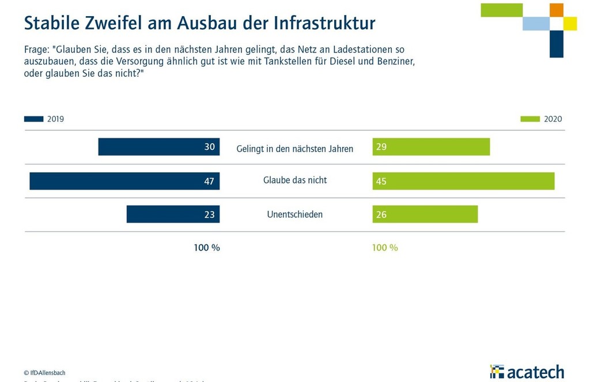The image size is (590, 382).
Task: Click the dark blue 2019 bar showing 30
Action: [158, 147]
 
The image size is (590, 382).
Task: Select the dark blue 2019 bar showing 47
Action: [124, 181]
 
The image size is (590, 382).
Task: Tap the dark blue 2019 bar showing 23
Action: [173, 214]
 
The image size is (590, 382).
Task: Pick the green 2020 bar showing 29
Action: [431, 147]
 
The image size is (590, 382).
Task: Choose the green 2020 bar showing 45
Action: [463, 181]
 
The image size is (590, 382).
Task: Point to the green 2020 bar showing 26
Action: [425, 214]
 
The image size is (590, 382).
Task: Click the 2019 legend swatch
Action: [33, 119]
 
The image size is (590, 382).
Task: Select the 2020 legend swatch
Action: [530, 119]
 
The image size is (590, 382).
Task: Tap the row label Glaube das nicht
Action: [295, 180]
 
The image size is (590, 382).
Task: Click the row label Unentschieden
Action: [295, 214]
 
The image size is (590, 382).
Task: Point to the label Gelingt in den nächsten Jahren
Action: [295, 149]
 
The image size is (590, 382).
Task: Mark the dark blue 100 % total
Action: [207, 248]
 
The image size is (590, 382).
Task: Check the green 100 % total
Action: [385, 248]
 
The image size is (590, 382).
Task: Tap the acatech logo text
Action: [535, 372]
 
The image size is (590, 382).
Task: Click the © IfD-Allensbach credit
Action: [44, 373]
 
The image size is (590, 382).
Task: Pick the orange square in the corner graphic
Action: [556, 10]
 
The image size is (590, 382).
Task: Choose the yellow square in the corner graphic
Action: [570, 24]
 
